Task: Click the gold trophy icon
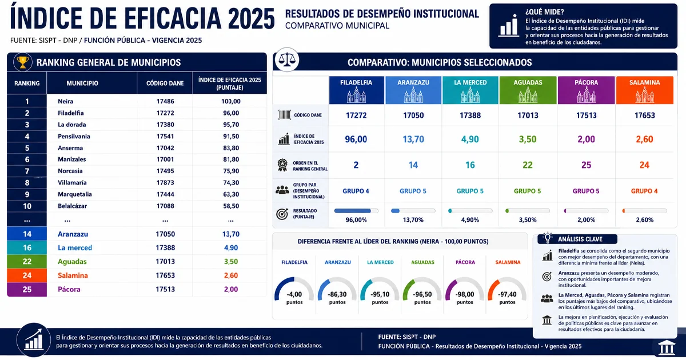(x=23, y=62)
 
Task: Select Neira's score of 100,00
(x=231, y=101)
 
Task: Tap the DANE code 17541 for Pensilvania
(x=165, y=136)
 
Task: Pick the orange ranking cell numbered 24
(x=27, y=275)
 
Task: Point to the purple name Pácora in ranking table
(x=69, y=289)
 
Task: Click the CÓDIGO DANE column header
(x=165, y=83)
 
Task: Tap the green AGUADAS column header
(x=528, y=90)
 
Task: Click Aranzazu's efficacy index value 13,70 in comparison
(x=413, y=139)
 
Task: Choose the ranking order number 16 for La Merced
(x=470, y=165)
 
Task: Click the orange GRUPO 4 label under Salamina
(x=644, y=191)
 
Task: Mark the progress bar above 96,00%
(x=356, y=211)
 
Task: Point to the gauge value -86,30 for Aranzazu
(x=337, y=294)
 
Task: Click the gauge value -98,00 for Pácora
(x=465, y=294)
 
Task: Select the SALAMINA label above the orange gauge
(x=508, y=262)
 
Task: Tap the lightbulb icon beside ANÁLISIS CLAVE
(x=547, y=238)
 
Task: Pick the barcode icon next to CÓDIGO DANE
(x=285, y=115)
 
